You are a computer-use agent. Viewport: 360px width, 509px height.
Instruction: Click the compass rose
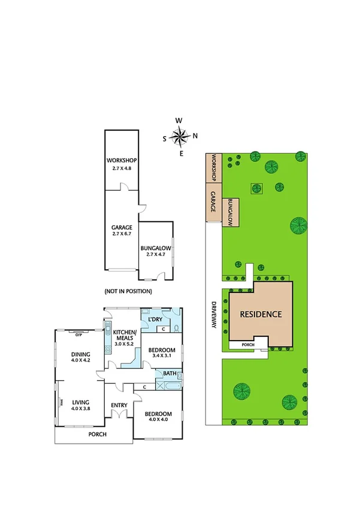179,137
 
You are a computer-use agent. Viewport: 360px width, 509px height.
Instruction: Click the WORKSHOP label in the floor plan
122,160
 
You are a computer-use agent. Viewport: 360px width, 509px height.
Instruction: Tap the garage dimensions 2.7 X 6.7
122,234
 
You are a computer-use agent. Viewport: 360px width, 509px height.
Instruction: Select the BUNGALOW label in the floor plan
156,248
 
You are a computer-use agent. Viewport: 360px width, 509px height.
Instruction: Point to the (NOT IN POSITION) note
128,291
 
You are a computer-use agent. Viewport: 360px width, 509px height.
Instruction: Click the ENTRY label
119,405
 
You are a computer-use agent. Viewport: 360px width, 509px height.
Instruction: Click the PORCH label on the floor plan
98,433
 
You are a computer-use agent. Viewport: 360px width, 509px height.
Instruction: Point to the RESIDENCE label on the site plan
261,314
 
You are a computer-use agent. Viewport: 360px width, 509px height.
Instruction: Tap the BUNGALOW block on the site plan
231,213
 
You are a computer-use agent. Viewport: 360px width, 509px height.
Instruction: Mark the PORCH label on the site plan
247,345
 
